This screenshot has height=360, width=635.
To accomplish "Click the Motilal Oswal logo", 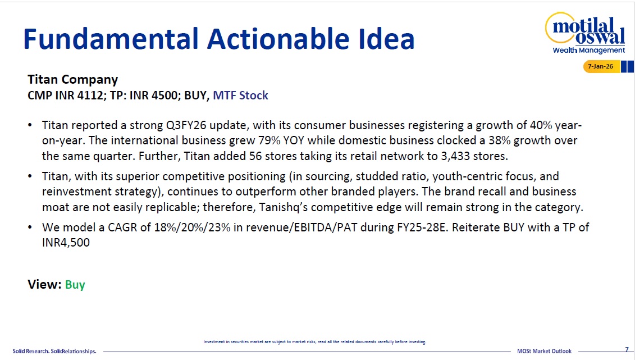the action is pos(586,33).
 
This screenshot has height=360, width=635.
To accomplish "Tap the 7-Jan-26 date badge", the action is pos(601,66).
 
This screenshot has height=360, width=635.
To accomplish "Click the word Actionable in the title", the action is pos(278,39).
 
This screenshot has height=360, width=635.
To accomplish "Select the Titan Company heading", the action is pos(72,79).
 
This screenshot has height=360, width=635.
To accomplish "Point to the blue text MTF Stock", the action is pos(240,95).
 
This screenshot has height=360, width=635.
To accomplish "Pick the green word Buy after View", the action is pos(75,285).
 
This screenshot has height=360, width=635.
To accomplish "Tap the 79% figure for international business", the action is pos(269,140).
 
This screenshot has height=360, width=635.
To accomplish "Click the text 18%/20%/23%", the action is pos(192,227).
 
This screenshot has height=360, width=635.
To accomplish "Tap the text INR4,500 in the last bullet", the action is pos(66,243).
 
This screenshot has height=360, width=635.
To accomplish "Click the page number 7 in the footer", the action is pos(627,350).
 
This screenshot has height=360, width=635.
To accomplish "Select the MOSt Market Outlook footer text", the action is pos(544,351).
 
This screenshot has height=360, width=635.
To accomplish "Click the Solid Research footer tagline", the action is pos(54,351).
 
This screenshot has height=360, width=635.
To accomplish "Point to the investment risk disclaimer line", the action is pos(314,342).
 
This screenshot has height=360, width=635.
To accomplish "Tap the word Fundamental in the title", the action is pos(111,39).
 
